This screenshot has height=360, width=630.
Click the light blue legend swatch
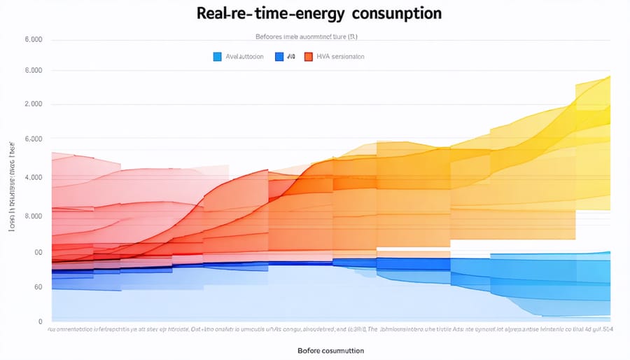[x=217, y=57]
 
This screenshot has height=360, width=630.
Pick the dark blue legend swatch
[x=280, y=57]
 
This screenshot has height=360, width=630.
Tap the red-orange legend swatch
[x=308, y=57]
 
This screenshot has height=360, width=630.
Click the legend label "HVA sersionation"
[x=340, y=57]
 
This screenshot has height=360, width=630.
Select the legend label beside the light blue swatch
[x=244, y=57]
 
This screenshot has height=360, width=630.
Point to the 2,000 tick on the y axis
[x=33, y=104]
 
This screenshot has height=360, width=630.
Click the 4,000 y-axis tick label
[x=33, y=177]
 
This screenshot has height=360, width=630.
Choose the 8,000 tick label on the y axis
[x=33, y=216]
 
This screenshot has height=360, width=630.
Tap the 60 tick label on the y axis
[x=37, y=287]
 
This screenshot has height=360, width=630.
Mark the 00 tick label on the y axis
[x=37, y=252]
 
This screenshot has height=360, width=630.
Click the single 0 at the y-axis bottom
[x=40, y=321]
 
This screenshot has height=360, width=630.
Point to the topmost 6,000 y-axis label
[x=33, y=40]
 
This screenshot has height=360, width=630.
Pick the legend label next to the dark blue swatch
[x=292, y=57]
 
